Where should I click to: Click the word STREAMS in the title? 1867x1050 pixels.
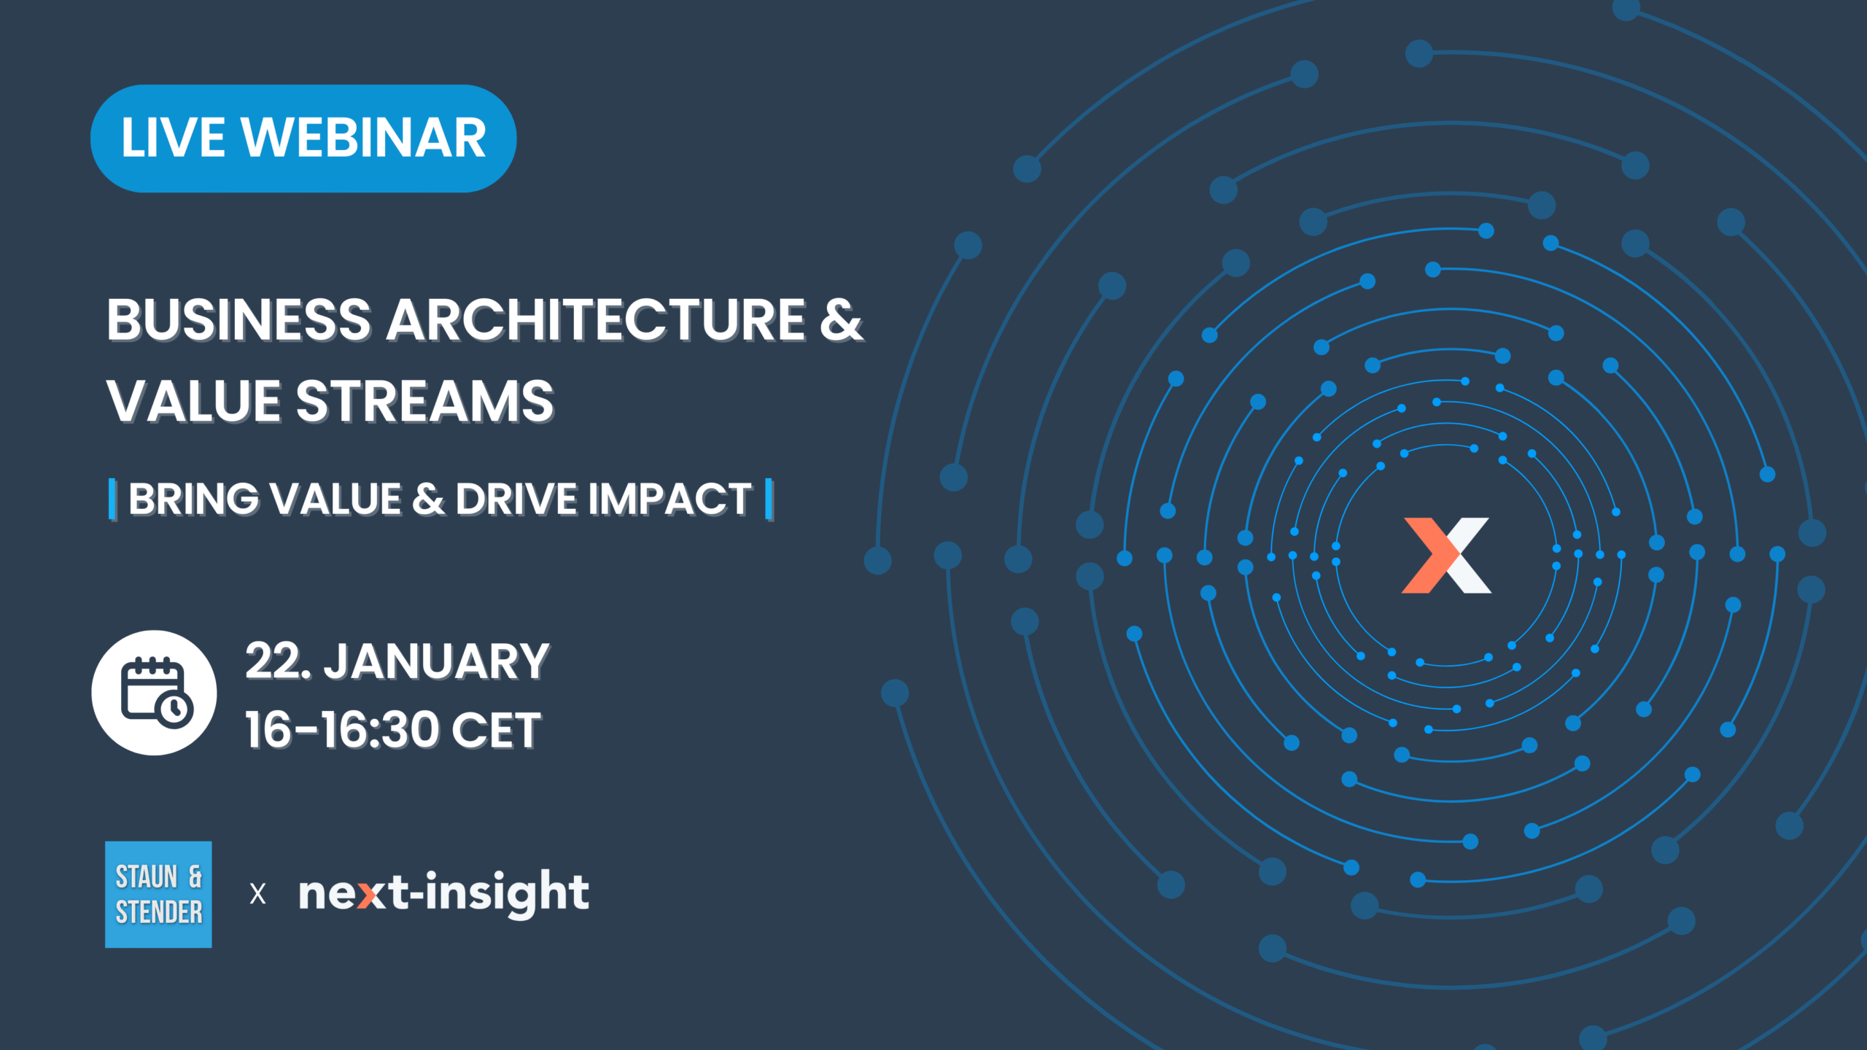click(425, 401)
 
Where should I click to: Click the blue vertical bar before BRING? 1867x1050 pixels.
click(112, 499)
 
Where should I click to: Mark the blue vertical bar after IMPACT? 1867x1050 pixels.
click(769, 499)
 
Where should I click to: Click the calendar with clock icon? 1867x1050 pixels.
click(154, 693)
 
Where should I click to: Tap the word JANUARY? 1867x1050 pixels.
click(436, 661)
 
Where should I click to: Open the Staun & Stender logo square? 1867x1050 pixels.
click(158, 895)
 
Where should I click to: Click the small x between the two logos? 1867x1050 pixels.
click(257, 894)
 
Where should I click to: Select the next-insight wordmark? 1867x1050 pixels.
click(444, 893)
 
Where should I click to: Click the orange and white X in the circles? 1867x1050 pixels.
click(1447, 556)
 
